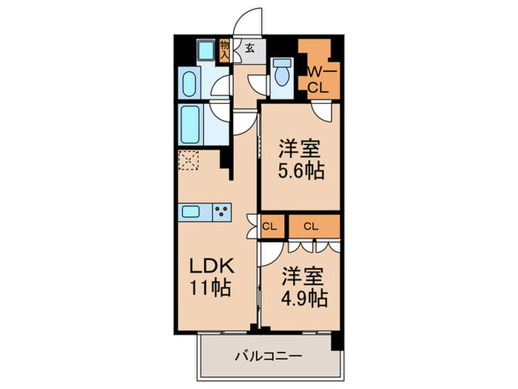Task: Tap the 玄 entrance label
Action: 250,50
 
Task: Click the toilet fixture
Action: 281,73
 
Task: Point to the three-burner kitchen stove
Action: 221,212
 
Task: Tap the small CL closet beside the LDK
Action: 270,226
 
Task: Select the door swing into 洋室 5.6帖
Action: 322,111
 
